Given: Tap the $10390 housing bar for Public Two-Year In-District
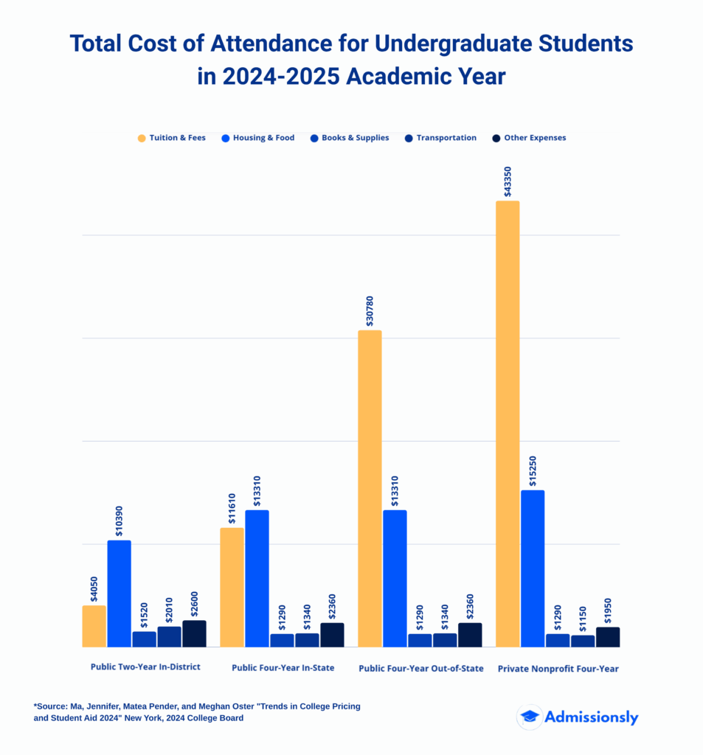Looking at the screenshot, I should point(120,594).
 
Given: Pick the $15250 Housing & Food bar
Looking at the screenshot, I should point(533,568).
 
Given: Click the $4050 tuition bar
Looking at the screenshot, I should point(94,626).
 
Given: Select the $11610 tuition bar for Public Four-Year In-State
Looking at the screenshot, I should point(232,587).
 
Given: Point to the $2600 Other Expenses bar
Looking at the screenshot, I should point(194,633).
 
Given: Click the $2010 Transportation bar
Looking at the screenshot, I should point(169,636).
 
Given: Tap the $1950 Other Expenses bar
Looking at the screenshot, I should point(607,637).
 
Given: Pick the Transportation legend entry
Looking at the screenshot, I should point(440,138).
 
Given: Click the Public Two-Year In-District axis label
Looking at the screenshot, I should point(145,667).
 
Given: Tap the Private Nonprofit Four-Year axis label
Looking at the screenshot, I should point(558,669).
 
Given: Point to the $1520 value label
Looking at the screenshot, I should point(144,614).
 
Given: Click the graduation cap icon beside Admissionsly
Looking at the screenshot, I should point(529,717).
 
